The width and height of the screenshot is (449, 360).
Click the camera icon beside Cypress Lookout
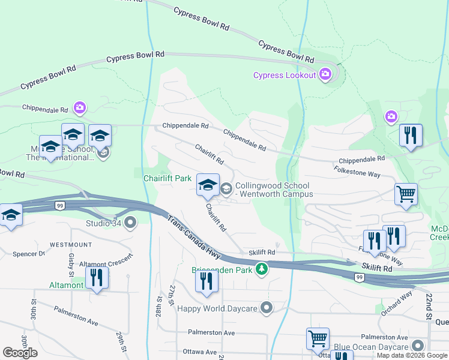click(325, 75)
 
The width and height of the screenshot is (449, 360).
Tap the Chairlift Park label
click(167, 178)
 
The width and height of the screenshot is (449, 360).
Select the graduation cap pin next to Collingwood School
click(208, 186)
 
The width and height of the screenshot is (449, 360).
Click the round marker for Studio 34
click(131, 224)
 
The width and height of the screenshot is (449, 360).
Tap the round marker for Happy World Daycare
click(267, 308)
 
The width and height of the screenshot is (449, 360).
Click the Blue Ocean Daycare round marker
click(417, 346)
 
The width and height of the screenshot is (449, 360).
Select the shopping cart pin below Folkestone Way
click(406, 195)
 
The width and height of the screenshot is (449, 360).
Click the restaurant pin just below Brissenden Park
click(206, 282)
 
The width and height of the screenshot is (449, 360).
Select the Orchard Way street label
click(396, 298)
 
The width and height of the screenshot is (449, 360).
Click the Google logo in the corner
click(20, 353)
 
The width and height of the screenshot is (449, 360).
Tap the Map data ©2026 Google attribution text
click(412, 355)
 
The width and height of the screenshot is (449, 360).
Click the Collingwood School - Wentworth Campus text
click(274, 190)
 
